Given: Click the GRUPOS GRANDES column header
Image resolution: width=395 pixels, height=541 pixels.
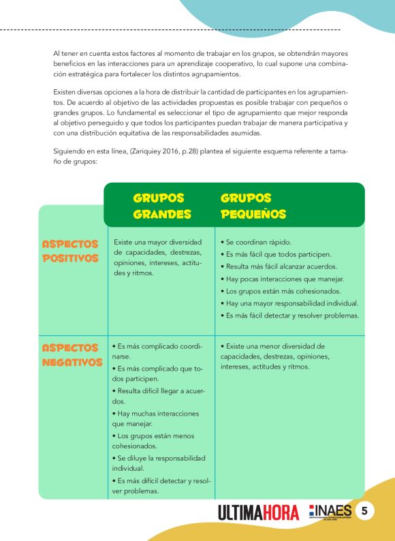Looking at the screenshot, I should pyautogui.click(x=158, y=206).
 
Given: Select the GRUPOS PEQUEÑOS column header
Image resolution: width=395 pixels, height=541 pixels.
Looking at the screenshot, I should pyautogui.click(x=253, y=206).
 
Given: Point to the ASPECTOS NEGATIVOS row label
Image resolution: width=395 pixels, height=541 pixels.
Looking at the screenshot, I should pyautogui.click(x=72, y=355).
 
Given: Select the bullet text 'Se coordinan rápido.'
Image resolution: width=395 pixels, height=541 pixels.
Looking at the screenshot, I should pyautogui.click(x=257, y=242).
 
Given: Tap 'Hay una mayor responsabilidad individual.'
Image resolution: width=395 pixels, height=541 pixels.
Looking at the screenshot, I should pyautogui.click(x=289, y=303).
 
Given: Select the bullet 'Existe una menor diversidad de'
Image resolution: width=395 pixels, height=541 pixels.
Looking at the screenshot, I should pyautogui.click(x=272, y=345).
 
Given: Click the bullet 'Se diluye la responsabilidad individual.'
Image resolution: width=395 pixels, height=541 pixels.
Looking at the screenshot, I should pyautogui.click(x=157, y=463).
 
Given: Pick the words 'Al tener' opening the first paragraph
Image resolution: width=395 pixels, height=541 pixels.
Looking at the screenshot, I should pyautogui.click(x=65, y=52).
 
